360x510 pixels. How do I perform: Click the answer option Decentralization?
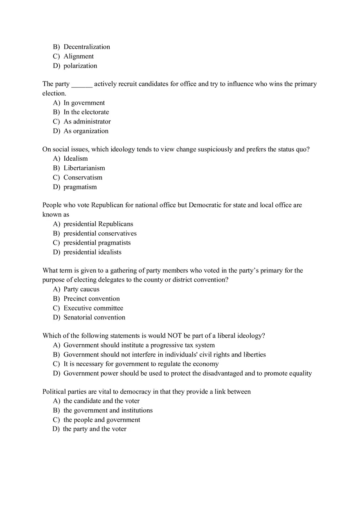tap(87, 47)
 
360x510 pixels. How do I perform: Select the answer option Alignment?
tap(79, 56)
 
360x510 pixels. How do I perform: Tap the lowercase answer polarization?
tap(80, 66)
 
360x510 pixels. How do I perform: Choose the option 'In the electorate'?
tap(86, 112)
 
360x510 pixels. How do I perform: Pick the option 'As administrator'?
tap(87, 121)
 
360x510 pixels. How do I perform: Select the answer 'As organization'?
tap(86, 131)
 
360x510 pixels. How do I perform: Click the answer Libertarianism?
tap(84, 168)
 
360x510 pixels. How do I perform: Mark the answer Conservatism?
tap(83, 177)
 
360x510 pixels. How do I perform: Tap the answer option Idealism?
tap(76, 159)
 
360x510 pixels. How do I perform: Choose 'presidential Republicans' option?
tap(98, 224)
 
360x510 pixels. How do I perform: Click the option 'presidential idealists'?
tap(92, 252)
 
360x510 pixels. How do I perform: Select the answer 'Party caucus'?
tap(81, 290)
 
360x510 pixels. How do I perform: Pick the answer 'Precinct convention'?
tap(92, 299)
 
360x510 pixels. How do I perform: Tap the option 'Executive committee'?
tap(93, 308)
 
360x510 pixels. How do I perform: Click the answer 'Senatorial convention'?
tap(94, 317)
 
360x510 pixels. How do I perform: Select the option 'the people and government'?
tap(102, 420)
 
